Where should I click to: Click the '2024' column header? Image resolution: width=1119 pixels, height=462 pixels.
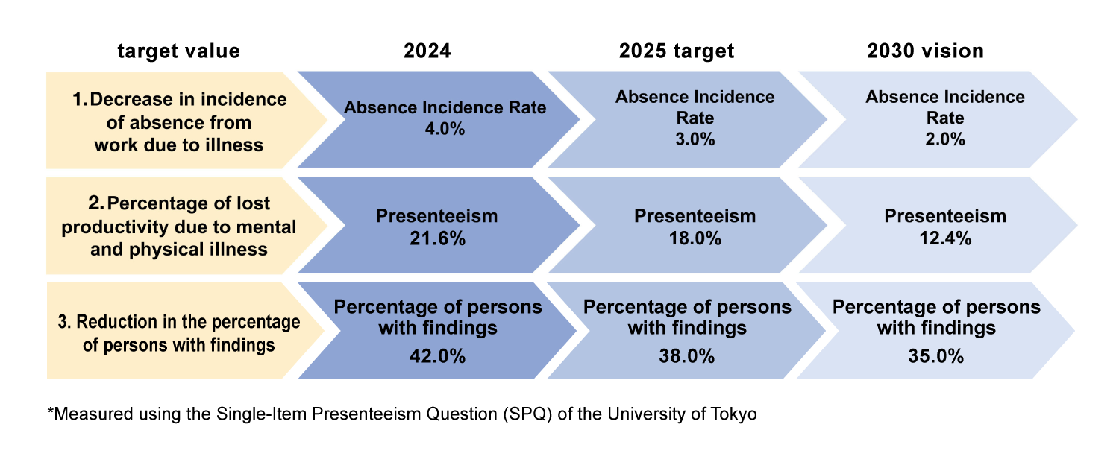point(427,51)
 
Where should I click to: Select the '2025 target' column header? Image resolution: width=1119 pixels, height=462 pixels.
point(677,51)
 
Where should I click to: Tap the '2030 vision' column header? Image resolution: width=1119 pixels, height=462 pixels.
point(925,51)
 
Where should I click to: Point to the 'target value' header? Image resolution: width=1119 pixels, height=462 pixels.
point(179,51)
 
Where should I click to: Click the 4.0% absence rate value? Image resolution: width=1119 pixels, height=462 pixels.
point(445,129)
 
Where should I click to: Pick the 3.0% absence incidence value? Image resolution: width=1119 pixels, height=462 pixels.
point(695,139)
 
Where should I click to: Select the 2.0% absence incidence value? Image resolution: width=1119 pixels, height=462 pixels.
point(945,139)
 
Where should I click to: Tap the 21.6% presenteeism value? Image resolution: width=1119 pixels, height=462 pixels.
point(438,238)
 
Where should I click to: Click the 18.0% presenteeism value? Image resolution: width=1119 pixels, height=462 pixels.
point(695,238)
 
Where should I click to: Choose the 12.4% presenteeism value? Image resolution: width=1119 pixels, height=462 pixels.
point(945,238)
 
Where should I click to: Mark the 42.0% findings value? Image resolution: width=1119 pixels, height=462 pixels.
point(438,356)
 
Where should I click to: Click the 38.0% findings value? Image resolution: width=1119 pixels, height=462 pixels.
point(687,356)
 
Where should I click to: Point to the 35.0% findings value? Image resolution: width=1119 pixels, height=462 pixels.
point(936,356)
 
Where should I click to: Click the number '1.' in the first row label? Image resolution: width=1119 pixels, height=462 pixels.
point(80,99)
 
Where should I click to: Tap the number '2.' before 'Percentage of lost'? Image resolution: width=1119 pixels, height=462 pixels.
point(96,203)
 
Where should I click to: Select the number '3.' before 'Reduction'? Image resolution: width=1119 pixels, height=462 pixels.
point(65,322)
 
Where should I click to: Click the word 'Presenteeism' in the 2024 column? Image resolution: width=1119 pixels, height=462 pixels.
point(436,216)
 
